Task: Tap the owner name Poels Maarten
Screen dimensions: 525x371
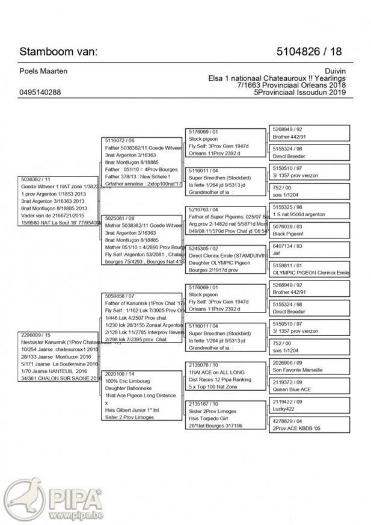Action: (44, 72)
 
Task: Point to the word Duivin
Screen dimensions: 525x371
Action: (337, 72)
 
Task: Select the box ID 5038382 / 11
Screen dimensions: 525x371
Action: (37, 179)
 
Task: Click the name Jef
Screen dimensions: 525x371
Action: (277, 253)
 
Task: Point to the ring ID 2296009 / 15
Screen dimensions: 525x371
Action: (37, 334)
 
